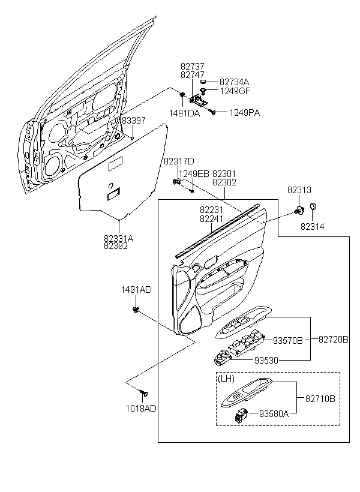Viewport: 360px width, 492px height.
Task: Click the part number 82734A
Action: (x=234, y=82)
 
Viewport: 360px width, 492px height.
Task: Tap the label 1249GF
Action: (x=235, y=91)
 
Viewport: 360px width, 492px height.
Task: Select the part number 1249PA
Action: (x=244, y=113)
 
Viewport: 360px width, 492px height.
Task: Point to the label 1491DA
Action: (x=185, y=113)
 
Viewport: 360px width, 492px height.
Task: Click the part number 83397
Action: (x=134, y=121)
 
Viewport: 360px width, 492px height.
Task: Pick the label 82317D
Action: (x=179, y=161)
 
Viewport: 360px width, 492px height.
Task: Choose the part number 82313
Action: (x=299, y=190)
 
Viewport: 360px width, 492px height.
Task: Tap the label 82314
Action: (x=312, y=226)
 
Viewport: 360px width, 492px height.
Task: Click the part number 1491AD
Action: (x=137, y=290)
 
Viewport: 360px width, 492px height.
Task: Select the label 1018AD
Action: (x=141, y=408)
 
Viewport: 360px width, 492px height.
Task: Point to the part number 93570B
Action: (x=288, y=340)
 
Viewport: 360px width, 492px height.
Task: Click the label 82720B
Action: (x=334, y=339)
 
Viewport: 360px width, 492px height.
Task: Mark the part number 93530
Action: (x=266, y=361)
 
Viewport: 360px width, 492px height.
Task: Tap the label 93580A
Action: (x=274, y=414)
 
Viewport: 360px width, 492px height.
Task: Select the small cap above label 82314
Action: (x=313, y=206)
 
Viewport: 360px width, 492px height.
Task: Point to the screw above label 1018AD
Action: (x=144, y=392)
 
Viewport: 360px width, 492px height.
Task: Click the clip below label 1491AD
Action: (x=136, y=310)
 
